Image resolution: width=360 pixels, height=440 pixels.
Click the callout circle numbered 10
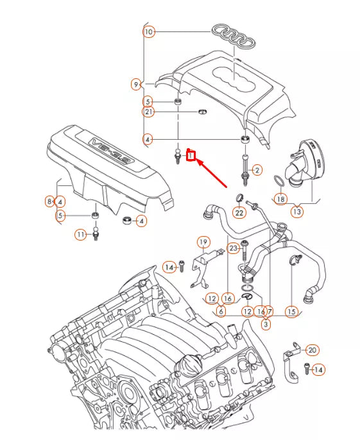click(x=149, y=31)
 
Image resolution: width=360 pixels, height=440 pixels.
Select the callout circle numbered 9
click(x=136, y=84)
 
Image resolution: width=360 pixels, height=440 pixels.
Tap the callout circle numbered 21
click(x=149, y=112)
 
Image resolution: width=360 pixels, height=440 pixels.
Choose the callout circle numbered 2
click(x=257, y=170)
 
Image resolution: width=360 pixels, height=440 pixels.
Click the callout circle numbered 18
click(x=280, y=199)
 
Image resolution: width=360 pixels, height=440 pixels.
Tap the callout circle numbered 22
click(x=239, y=212)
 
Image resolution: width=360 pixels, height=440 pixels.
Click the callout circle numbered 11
click(x=80, y=235)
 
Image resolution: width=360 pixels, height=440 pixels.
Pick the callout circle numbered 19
click(x=203, y=242)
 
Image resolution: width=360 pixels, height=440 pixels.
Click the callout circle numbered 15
click(x=292, y=312)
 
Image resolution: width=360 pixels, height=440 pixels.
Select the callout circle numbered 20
click(x=312, y=350)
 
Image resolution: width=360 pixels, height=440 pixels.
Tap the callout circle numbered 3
click(x=265, y=325)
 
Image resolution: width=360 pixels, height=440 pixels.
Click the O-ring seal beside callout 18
click(x=275, y=180)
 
